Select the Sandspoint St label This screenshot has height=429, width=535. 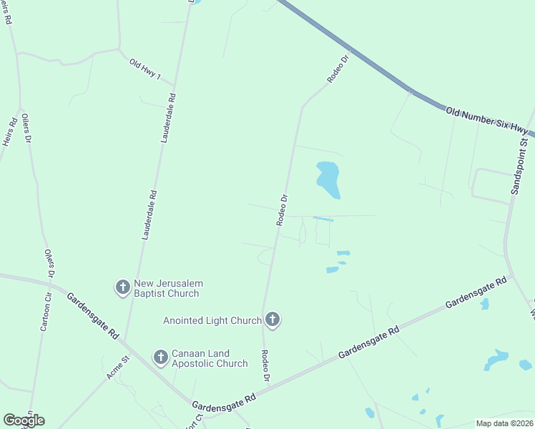(x=519, y=167)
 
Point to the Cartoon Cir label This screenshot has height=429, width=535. (x=46, y=313)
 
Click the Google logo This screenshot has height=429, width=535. (x=24, y=420)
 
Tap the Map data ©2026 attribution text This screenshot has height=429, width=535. (x=505, y=423)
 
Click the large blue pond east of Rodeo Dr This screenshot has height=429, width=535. (x=328, y=179)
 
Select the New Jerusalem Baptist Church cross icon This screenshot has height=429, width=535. (x=122, y=287)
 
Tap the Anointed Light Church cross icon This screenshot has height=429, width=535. (x=272, y=320)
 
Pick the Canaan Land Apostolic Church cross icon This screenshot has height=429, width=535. (x=161, y=356)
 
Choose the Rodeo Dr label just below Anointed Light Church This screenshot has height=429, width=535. (x=266, y=365)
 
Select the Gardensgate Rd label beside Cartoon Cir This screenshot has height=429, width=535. (x=93, y=315)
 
